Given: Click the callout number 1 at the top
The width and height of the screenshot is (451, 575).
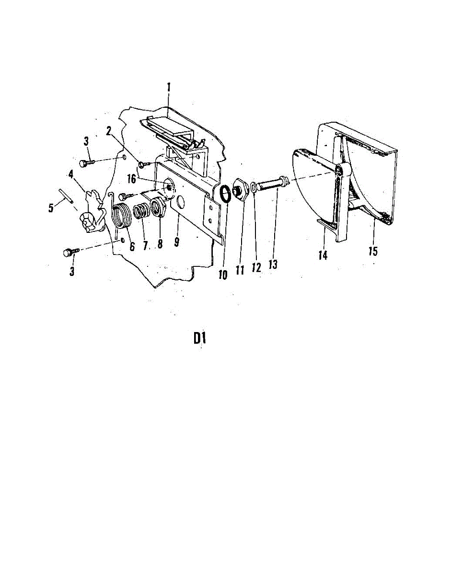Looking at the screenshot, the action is tap(169, 88).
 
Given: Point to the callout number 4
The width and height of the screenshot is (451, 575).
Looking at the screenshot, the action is tap(71, 174).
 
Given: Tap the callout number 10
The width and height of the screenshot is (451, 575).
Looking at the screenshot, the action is tap(223, 275).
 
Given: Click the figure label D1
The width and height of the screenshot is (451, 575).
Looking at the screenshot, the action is tap(200, 338).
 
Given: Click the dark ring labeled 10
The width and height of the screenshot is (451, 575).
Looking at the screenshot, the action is tap(224, 195).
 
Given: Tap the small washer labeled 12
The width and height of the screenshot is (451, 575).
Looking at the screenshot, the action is tap(254, 187).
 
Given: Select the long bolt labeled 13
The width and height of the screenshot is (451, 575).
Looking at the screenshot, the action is tap(271, 184).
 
